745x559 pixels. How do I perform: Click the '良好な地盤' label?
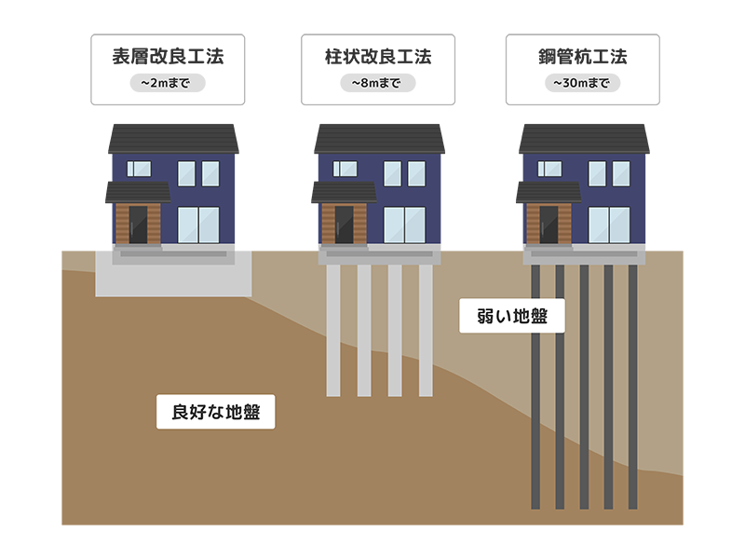click(x=216, y=413)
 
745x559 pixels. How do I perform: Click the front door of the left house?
click(x=138, y=224)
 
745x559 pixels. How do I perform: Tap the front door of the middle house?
click(x=344, y=224)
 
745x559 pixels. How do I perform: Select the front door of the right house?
click(x=549, y=224)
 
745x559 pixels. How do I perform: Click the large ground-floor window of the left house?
click(x=197, y=225)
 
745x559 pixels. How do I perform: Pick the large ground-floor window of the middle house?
click(x=404, y=225)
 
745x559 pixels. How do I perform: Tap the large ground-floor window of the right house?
click(x=610, y=225)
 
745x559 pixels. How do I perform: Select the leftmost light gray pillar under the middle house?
click(x=333, y=331)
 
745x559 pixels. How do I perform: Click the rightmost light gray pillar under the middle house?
click(x=426, y=331)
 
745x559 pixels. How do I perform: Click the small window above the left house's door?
click(x=139, y=169)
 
